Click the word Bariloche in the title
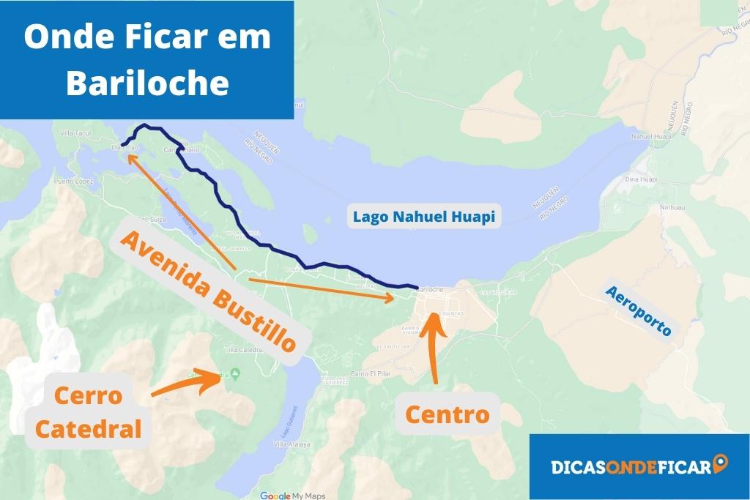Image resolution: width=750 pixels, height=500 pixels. click(147, 83)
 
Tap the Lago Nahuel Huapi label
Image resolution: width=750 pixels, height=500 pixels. click(424, 217)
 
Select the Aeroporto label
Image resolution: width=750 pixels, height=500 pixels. click(639, 310)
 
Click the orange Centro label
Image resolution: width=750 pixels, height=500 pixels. click(447, 414)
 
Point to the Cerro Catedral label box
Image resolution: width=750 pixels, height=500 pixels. click(89, 412)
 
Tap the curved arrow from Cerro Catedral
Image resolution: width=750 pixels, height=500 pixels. click(187, 384)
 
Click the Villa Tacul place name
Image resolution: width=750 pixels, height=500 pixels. click(74, 133)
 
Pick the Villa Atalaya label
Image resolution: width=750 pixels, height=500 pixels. click(292, 444)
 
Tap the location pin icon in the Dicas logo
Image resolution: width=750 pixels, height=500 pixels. click(721, 464)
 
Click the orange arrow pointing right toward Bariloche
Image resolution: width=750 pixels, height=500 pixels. click(322, 288)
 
